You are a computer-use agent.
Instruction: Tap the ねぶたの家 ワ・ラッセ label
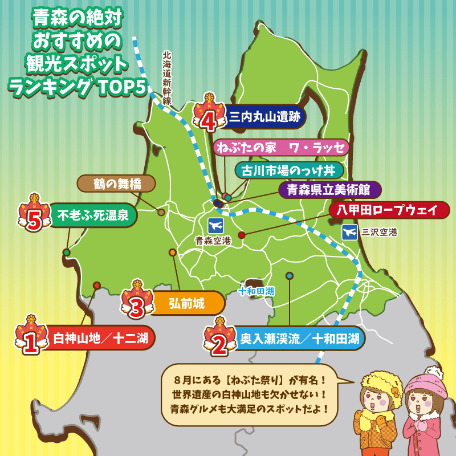(281, 148)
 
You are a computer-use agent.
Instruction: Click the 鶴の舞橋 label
(116, 184)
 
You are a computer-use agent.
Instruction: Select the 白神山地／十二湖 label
(100, 339)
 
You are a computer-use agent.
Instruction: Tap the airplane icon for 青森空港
(215, 223)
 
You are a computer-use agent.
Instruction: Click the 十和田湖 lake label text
(256, 291)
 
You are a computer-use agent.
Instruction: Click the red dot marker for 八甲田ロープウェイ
(242, 235)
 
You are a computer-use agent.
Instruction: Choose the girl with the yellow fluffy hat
(378, 413)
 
